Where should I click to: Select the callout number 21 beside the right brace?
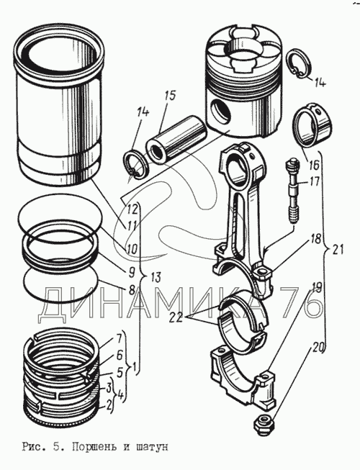[337, 250]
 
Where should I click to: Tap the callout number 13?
[154, 277]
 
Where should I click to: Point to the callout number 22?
[175, 317]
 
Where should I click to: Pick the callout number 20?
[318, 348]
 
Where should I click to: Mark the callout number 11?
[131, 225]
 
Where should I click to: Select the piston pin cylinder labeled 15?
[176, 140]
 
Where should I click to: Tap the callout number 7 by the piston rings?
[118, 339]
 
